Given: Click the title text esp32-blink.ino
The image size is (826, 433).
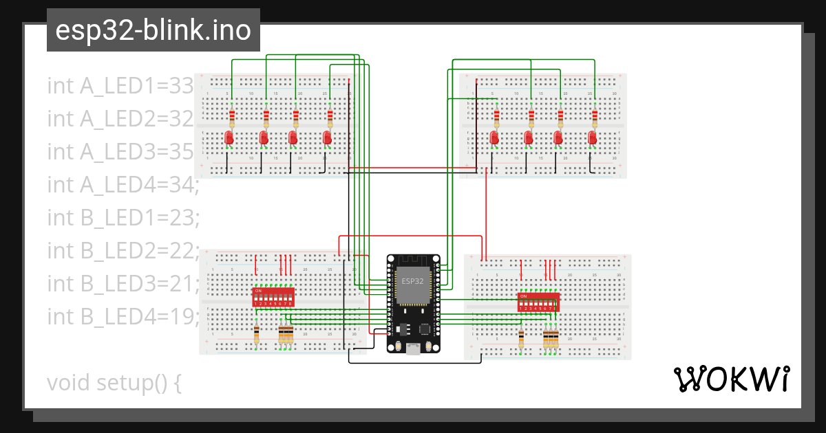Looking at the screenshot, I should (x=153, y=30).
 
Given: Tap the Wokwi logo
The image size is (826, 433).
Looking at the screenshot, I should (x=730, y=379).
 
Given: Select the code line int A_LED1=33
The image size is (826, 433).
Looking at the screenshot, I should (x=120, y=86).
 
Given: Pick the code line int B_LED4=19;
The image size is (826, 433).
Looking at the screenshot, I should (x=123, y=316).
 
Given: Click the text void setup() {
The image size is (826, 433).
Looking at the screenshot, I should (x=114, y=382).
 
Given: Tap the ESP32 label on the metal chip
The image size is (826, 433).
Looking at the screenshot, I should (x=413, y=281).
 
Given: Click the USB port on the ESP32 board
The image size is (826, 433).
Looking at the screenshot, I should (x=413, y=348).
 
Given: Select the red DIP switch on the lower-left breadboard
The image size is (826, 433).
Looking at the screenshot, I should (x=274, y=298).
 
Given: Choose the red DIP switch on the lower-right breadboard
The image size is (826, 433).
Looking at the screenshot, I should (x=538, y=302).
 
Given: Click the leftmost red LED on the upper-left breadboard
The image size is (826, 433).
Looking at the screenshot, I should (x=230, y=138).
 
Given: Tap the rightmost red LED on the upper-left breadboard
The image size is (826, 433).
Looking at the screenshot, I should (x=328, y=138).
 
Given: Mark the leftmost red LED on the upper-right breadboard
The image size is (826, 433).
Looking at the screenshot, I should (x=494, y=138).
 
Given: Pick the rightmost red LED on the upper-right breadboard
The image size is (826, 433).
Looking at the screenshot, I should (x=592, y=138).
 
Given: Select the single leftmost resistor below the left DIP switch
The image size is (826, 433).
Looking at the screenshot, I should (x=257, y=334).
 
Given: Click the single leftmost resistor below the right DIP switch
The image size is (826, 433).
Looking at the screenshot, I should (x=521, y=338).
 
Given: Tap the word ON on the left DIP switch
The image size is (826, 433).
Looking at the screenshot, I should (x=258, y=291).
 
